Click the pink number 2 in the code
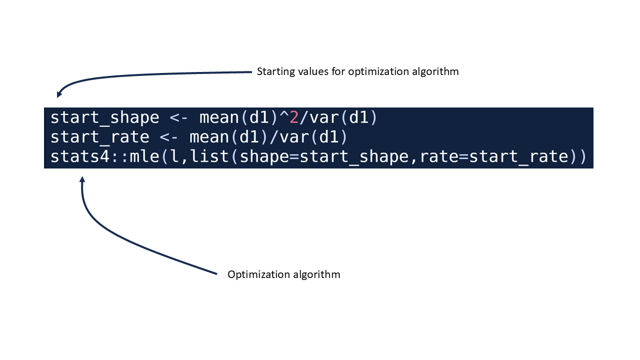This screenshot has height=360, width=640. pos(294,117)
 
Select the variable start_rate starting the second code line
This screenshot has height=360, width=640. pos(100,137)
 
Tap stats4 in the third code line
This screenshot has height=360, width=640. pos(80,156)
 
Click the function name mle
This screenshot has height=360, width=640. pos(144,156)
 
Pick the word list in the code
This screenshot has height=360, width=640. pos(209,156)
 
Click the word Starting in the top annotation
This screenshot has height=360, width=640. pos(275,71)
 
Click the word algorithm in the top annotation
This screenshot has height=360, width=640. pos(435,71)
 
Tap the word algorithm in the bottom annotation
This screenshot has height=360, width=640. pos(316,274)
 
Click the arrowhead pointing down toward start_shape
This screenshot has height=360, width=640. pos(59,94)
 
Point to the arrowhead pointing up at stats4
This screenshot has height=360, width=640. pos(82,179)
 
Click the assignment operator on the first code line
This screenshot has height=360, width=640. pos(179,118)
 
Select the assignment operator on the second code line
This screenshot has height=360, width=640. pos(169,137)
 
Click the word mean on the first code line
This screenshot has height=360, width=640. pos(219,118)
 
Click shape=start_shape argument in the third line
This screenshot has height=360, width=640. pos(324,157)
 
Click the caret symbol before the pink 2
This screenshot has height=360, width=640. pos(284,114)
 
